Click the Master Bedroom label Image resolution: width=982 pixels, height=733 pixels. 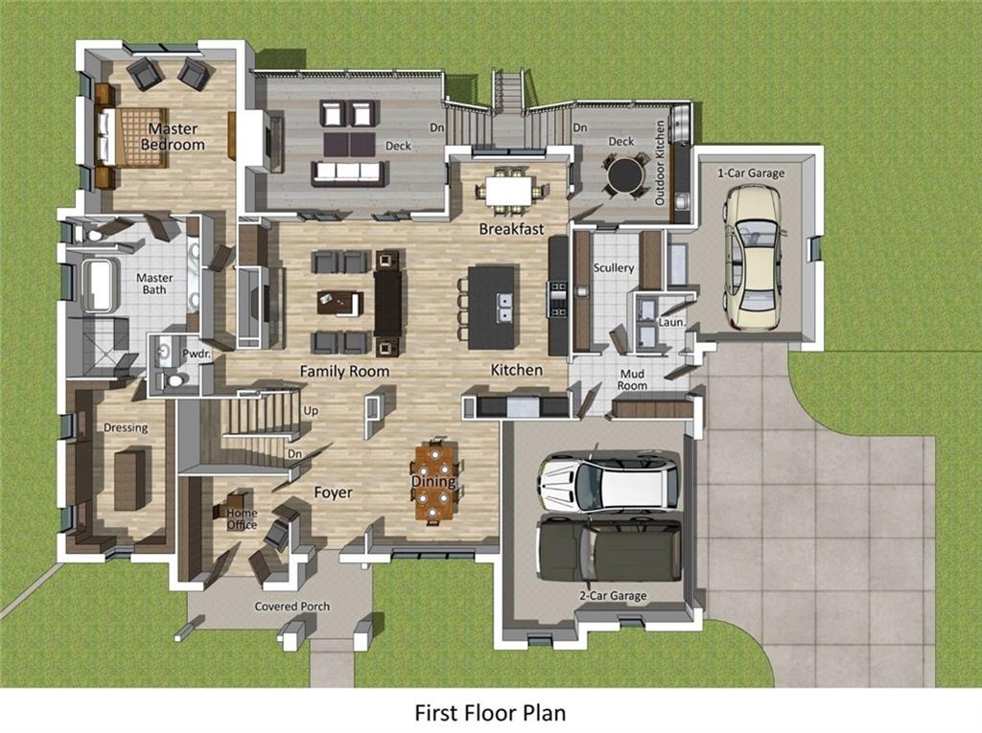pos(173,136)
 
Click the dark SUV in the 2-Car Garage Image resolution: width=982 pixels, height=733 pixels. pos(608,550)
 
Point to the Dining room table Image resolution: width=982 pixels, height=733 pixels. pos(433,482)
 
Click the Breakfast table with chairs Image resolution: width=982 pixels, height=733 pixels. pos(508,190)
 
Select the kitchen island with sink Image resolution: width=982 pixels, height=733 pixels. pos(491,307)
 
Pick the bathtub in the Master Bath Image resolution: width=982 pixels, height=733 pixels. pos(100,285)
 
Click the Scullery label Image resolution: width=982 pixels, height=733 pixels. pos(614,268)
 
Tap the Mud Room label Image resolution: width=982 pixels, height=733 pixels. pos(632,379)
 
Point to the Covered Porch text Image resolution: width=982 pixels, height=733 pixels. pos(292,607)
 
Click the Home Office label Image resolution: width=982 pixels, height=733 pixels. pos(242,518)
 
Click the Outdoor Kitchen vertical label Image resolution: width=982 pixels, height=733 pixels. pos(660,163)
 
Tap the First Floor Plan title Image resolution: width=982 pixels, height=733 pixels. pos(490,713)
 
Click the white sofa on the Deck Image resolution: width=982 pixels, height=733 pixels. pos(347,172)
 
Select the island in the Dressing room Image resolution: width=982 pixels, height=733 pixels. pos(129,479)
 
